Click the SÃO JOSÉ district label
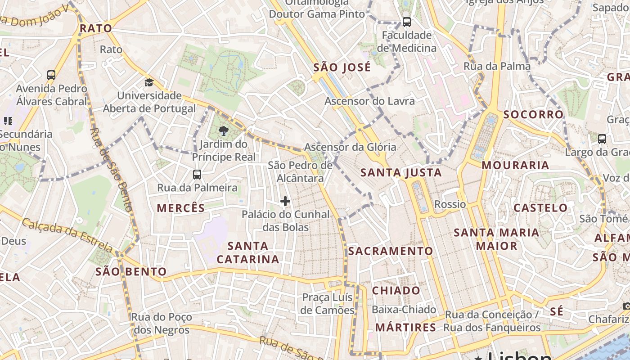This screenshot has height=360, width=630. pyautogui.click(x=342, y=67)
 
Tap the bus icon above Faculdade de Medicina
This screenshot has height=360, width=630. pyautogui.click(x=406, y=22)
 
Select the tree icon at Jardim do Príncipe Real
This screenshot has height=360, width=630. pyautogui.click(x=223, y=131)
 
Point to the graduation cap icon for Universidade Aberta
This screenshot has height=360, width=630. pyautogui.click(x=149, y=82)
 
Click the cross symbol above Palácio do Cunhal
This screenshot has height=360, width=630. pyautogui.click(x=285, y=201)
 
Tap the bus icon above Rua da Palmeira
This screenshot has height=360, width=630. pyautogui.click(x=197, y=175)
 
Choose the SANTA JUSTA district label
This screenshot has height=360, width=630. pyautogui.click(x=401, y=172)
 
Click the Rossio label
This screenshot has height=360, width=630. pyautogui.click(x=450, y=204)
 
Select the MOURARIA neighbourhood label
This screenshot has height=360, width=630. pyautogui.click(x=515, y=165)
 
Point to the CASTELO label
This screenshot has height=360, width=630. pyautogui.click(x=540, y=208)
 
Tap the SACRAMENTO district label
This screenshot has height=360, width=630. pyautogui.click(x=391, y=251)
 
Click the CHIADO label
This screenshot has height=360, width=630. pyautogui.click(x=396, y=291)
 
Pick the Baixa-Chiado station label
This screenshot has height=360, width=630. pyautogui.click(x=404, y=310)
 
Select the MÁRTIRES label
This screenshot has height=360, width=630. pyautogui.click(x=405, y=327)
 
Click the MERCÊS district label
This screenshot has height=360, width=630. pyautogui.click(x=180, y=208)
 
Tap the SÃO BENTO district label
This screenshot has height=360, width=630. pyautogui.click(x=131, y=272)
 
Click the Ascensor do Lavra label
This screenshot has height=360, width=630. pyautogui.click(x=369, y=101)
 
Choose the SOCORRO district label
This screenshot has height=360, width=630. pyautogui.click(x=533, y=115)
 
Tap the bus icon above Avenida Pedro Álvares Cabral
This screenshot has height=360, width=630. pyautogui.click(x=51, y=75)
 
